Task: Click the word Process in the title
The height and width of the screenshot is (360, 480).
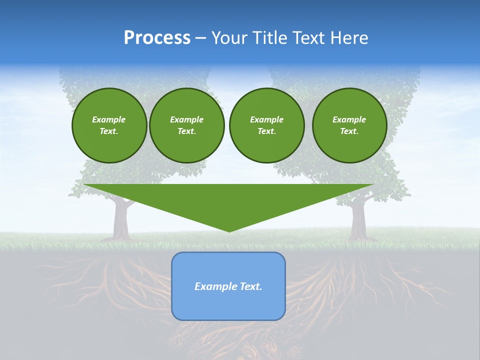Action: [x=157, y=37]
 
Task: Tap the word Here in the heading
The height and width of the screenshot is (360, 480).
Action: [x=349, y=37]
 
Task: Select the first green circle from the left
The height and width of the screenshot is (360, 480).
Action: [x=109, y=125]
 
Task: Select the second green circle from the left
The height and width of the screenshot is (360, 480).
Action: [x=186, y=125]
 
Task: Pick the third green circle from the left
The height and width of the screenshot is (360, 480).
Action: [x=266, y=125]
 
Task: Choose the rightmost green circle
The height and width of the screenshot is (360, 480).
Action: [x=349, y=125]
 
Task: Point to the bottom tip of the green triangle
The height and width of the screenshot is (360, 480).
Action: [x=229, y=231]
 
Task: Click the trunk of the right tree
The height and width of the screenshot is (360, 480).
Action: [x=357, y=220]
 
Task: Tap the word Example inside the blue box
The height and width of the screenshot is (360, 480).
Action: [x=214, y=286]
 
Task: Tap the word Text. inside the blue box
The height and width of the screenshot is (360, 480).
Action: [x=250, y=286]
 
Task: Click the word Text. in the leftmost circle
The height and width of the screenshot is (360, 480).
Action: [x=109, y=131]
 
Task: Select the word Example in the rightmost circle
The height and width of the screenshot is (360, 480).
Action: [x=349, y=119]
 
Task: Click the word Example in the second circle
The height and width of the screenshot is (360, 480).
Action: [x=186, y=119]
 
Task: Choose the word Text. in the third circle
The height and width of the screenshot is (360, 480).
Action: [x=266, y=131]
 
